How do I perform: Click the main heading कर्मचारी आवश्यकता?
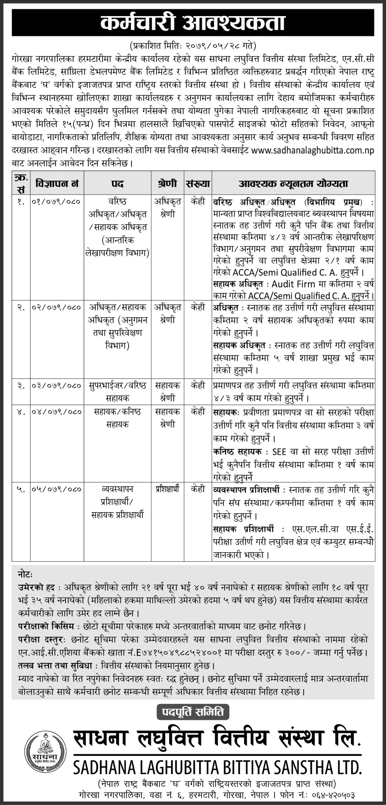click(193, 24)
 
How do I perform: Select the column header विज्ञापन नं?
click(57, 184)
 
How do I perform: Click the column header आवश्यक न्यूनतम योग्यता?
click(294, 184)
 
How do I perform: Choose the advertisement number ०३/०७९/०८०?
click(57, 386)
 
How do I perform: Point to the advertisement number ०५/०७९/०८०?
click(57, 489)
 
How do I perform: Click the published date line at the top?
click(193, 46)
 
